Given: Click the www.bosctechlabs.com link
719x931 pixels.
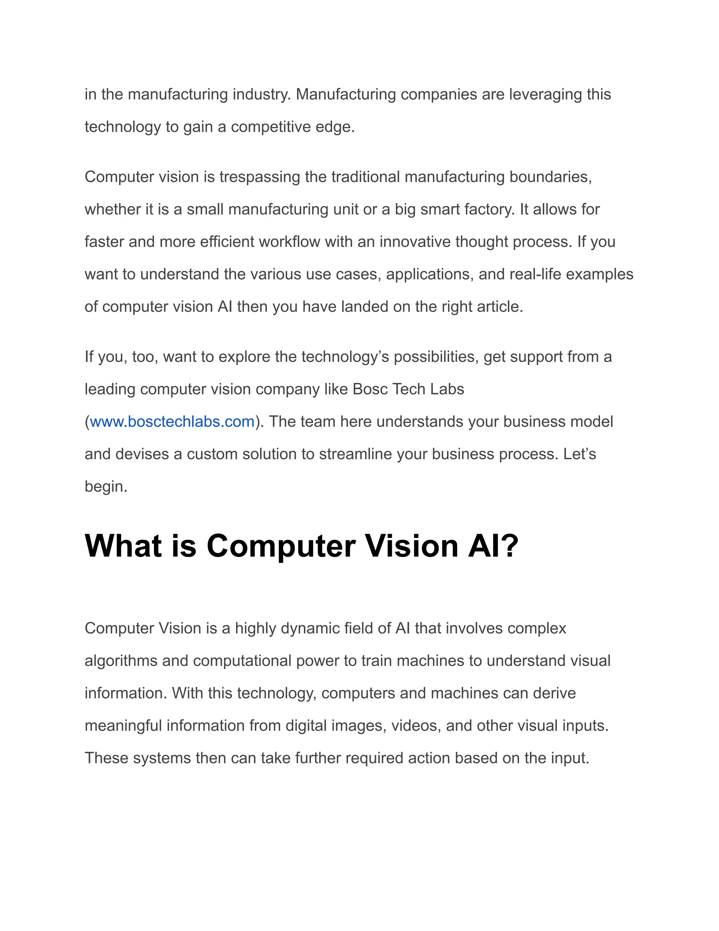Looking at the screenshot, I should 172,422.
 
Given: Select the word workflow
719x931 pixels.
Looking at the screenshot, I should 289,242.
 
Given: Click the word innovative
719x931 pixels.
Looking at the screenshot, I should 415,242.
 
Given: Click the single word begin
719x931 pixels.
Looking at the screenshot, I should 106,487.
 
